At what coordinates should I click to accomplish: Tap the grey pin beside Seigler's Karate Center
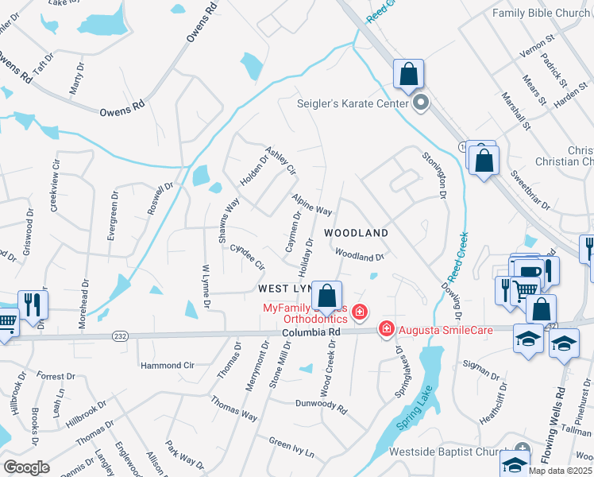click(x=421, y=103)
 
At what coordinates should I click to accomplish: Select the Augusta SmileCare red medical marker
click(x=387, y=328)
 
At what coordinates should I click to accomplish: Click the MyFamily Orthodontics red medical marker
click(x=360, y=312)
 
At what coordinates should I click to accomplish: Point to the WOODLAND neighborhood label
click(x=356, y=233)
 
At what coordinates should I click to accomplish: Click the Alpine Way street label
click(x=311, y=204)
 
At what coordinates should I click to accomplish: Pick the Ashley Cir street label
click(x=280, y=160)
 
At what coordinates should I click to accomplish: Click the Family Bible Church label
click(x=540, y=13)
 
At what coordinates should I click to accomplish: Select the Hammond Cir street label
click(x=167, y=366)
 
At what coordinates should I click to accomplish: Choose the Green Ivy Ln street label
click(x=291, y=448)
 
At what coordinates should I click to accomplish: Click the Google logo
click(x=26, y=467)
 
